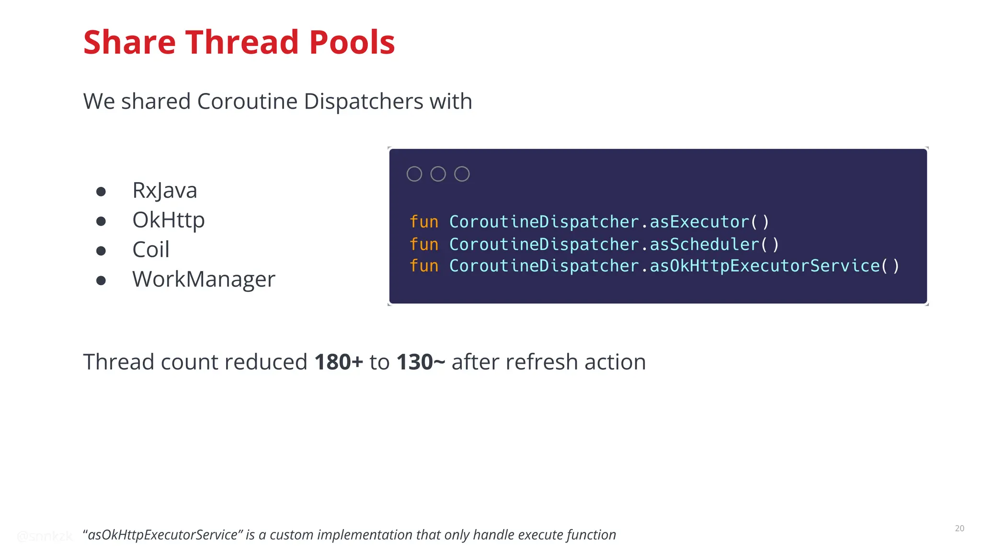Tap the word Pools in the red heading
tap(352, 42)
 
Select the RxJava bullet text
tap(164, 190)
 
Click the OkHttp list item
tap(168, 220)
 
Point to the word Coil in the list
tap(150, 250)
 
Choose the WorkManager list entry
tap(204, 279)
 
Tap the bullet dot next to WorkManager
tap(101, 281)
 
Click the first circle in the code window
tap(414, 174)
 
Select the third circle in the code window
tap(462, 174)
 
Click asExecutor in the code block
tap(699, 222)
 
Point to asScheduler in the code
tap(704, 244)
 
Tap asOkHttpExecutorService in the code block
tap(764, 266)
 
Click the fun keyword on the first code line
tap(424, 222)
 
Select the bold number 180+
tap(338, 362)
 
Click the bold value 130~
tap(421, 362)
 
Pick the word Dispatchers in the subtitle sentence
tap(363, 102)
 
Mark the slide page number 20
tap(959, 528)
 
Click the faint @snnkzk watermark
tap(44, 536)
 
